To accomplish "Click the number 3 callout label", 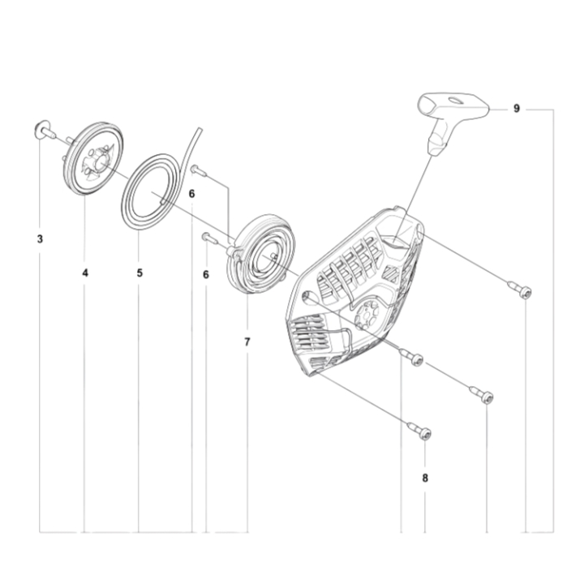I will click(40, 239).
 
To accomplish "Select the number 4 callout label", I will click(85, 273).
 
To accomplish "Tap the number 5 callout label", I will click(140, 273).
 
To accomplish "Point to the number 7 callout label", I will click(247, 341).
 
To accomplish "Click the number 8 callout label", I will click(425, 478).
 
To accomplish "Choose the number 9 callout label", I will click(517, 108).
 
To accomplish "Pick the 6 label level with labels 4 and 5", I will click(205, 275).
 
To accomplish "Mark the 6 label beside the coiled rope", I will click(191, 194).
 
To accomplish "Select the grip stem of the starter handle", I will click(438, 138).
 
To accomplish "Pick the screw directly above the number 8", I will click(424, 431).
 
